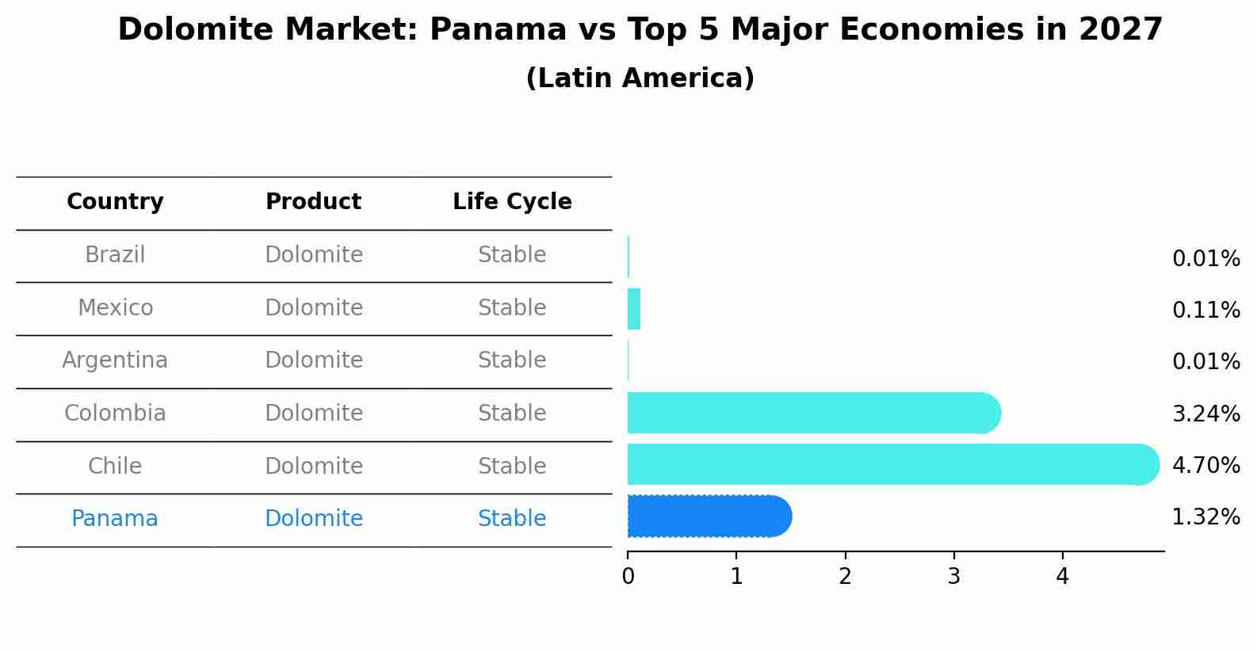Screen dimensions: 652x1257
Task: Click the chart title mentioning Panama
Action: [x=640, y=30]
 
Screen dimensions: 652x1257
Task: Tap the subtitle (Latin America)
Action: [x=640, y=78]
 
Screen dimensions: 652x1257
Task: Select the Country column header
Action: [x=115, y=202]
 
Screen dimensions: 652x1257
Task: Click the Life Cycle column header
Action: [x=512, y=202]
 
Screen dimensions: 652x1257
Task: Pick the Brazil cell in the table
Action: [x=115, y=255]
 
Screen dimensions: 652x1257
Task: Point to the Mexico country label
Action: [x=115, y=307]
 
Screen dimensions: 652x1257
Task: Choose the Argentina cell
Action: [x=115, y=360]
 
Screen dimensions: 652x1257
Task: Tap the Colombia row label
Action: [x=115, y=414]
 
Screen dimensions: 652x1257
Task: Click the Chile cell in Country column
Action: [x=115, y=466]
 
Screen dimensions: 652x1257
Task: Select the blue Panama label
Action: [x=115, y=519]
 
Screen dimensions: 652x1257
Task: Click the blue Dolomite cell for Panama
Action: [x=314, y=519]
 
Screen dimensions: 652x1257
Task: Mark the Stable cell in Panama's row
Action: [x=512, y=519]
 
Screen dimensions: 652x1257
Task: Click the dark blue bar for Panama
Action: [x=705, y=517]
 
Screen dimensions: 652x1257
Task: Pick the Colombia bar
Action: [x=808, y=413]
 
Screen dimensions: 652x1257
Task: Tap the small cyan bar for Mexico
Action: [x=634, y=309]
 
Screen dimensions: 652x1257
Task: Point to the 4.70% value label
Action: [x=1205, y=465]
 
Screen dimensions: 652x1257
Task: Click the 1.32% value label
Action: [x=1205, y=517]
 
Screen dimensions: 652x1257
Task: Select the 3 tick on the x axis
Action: [x=953, y=577]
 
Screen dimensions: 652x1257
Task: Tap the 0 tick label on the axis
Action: [x=628, y=577]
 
